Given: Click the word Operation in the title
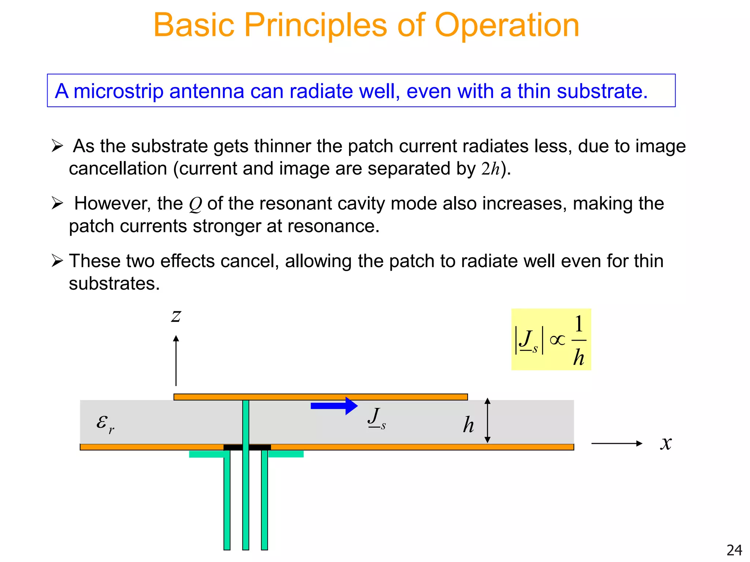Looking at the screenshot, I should click(506, 26).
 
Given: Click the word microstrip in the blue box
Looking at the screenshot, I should click(118, 91).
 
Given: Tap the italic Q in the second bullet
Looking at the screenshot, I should click(195, 205).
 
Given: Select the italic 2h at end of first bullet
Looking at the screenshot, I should click(490, 169).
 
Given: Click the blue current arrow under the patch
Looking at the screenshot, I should click(334, 406).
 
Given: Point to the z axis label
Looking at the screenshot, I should click(176, 316).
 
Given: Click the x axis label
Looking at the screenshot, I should click(666, 443).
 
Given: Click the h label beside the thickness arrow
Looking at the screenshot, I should click(468, 425).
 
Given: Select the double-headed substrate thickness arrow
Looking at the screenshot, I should click(487, 421).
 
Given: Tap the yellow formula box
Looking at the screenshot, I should click(551, 340).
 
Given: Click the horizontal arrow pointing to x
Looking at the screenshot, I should click(617, 443).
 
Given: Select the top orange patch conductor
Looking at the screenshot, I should click(320, 397).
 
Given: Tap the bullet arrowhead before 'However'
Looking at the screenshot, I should click(57, 203).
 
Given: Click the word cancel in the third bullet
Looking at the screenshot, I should click(255, 261).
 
